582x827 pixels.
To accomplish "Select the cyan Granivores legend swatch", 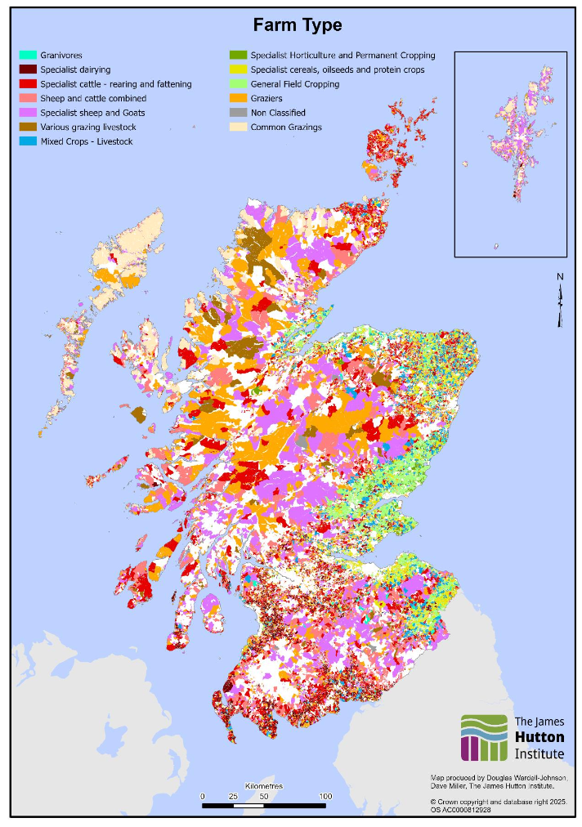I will pyautogui.click(x=29, y=56).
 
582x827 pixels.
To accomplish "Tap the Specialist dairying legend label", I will pyautogui.click(x=75, y=70).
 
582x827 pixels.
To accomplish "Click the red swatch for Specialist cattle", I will pyautogui.click(x=29, y=84).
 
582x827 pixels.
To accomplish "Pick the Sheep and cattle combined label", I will pyautogui.click(x=93, y=99).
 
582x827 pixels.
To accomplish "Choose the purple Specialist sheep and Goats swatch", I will pyautogui.click(x=29, y=113).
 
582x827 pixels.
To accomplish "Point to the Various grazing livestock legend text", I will pyautogui.click(x=92, y=127).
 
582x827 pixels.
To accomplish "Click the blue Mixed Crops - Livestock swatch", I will pyautogui.click(x=29, y=141).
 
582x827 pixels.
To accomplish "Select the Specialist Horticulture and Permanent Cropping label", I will pyautogui.click(x=342, y=56).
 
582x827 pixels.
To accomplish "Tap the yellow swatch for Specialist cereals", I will pyautogui.click(x=239, y=70).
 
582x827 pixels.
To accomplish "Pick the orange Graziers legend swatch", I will pyautogui.click(x=239, y=99).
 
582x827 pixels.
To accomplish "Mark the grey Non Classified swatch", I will pyautogui.click(x=239, y=113).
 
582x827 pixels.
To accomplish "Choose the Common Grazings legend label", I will pyautogui.click(x=288, y=127).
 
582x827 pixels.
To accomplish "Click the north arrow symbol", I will pyautogui.click(x=560, y=301).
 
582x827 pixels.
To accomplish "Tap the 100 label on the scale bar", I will pyautogui.click(x=325, y=796).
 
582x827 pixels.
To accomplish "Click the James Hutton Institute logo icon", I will pyautogui.click(x=484, y=737).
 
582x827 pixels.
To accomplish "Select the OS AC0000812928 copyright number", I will pyautogui.click(x=462, y=810).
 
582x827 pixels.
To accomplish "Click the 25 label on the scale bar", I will pyautogui.click(x=233, y=796).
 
